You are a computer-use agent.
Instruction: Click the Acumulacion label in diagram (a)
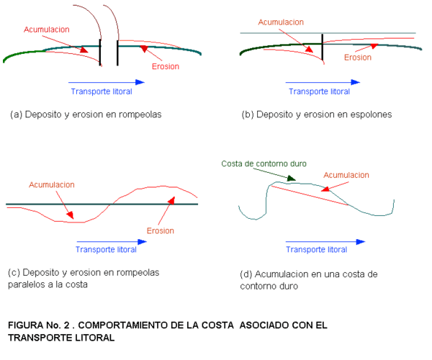pos(48,30)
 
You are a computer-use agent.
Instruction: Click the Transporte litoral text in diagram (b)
pos(319,92)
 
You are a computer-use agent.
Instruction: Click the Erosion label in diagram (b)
pos(358,58)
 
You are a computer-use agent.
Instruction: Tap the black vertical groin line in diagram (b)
pos(323,48)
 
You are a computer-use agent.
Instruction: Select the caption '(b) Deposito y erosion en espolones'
pos(315,114)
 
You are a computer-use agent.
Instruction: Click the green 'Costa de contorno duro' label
pos(264,163)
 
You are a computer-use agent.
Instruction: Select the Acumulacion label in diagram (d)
pos(348,174)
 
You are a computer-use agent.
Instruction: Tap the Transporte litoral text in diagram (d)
pos(316,249)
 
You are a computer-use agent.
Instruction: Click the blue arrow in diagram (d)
pos(324,241)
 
